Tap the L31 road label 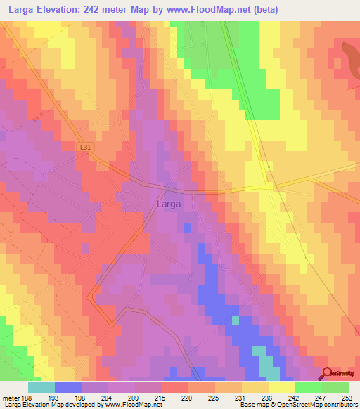coord(86,146)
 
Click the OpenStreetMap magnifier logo coord(328,372)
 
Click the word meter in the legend coord(11,397)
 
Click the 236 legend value coord(269,397)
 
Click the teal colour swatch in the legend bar coord(41,387)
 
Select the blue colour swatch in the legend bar coord(68,387)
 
